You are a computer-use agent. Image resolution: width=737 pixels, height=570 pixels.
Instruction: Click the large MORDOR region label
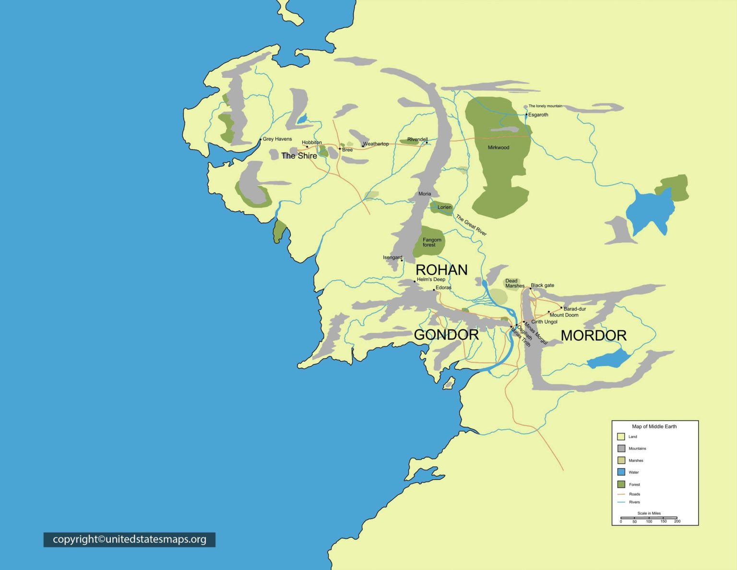(594, 335)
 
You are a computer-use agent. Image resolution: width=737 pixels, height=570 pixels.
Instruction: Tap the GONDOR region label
(446, 335)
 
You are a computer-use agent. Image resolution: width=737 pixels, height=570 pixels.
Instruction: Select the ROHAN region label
(441, 270)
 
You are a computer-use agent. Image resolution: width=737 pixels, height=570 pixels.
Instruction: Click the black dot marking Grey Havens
(261, 140)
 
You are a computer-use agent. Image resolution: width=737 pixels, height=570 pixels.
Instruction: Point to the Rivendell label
(417, 139)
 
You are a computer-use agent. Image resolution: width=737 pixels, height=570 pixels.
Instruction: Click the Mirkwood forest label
(498, 147)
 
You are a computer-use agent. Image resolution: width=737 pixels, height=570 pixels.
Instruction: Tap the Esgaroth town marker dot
(526, 115)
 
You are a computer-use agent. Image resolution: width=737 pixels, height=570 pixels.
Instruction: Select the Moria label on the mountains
(425, 194)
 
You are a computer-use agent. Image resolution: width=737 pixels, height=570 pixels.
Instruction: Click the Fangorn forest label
(431, 242)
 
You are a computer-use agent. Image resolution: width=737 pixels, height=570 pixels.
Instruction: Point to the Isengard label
(392, 257)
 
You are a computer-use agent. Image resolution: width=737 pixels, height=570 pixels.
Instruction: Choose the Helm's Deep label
(431, 279)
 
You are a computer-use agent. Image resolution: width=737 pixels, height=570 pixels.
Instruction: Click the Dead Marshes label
(514, 283)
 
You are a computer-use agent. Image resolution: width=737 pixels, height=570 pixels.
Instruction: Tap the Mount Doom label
(564, 315)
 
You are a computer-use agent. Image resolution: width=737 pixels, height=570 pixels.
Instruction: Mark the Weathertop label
(376, 144)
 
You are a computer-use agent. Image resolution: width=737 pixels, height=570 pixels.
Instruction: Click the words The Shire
(299, 156)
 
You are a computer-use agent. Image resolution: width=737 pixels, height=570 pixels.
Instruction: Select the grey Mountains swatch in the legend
(621, 449)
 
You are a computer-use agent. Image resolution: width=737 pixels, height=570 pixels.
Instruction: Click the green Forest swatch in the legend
(621, 484)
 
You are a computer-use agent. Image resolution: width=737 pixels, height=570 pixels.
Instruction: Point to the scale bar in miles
(649, 518)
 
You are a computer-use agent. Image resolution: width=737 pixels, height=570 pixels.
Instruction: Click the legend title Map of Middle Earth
(654, 426)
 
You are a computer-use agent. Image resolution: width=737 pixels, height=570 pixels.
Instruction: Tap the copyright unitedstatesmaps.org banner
(130, 539)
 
